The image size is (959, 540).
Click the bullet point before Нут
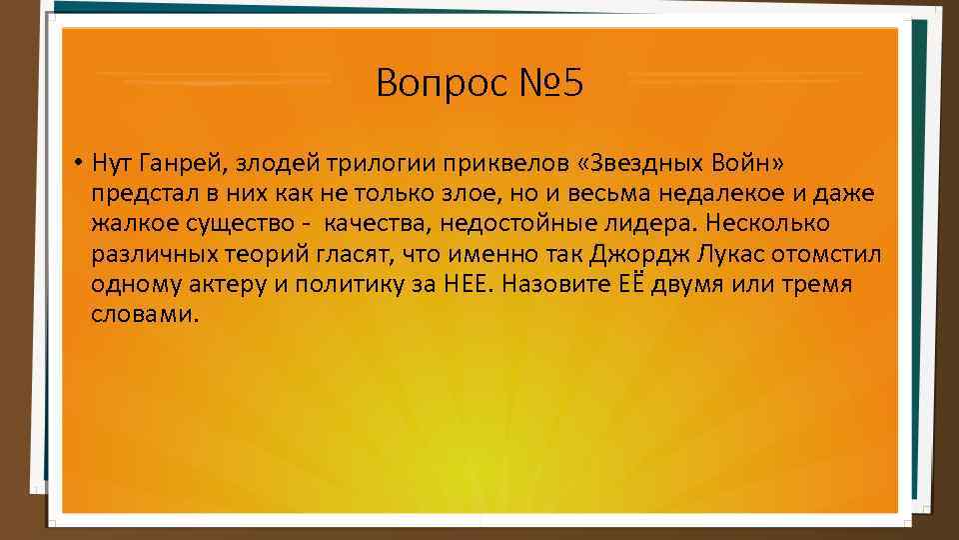click(x=76, y=163)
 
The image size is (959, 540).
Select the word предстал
click(x=136, y=193)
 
